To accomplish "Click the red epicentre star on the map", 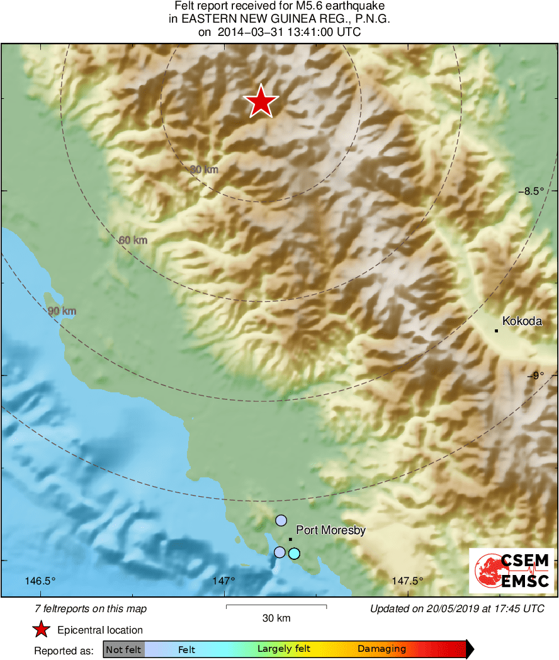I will point(261,101).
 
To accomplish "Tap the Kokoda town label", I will point(522,321).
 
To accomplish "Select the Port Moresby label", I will point(330,530).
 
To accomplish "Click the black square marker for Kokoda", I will point(496,331).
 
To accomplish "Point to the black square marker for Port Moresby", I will point(290,539).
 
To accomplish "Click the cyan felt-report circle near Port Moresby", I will point(294,554).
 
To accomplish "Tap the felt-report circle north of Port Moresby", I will point(281,520).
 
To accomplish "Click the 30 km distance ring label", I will point(204,169).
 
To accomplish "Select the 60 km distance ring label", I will point(133,240).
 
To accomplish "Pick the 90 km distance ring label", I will point(62,311).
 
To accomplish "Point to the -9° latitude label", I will point(536,376).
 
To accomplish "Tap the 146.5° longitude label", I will point(41,581).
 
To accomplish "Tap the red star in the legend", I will point(42,630).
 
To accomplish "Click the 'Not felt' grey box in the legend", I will point(123,649).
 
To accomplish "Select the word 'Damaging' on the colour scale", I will point(381,649).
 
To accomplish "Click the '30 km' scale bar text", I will point(276,618).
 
